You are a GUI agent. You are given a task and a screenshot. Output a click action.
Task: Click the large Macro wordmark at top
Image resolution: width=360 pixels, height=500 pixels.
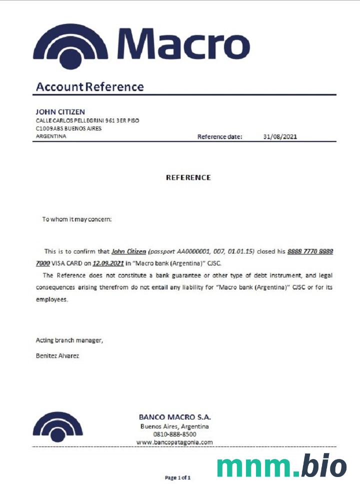pyautogui.click(x=183, y=43)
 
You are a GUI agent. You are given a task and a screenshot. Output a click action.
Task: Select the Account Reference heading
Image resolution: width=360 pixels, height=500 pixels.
pyautogui.click(x=90, y=87)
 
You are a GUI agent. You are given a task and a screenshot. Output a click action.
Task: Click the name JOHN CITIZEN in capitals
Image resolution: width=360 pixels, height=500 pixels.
pyautogui.click(x=60, y=111)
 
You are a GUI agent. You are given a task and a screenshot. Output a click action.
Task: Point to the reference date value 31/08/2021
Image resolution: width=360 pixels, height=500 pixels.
pyautogui.click(x=280, y=136)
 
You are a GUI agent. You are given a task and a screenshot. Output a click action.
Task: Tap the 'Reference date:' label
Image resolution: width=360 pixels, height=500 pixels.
pyautogui.click(x=219, y=136)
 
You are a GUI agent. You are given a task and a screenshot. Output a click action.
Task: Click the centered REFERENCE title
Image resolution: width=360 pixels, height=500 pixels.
pyautogui.click(x=188, y=177)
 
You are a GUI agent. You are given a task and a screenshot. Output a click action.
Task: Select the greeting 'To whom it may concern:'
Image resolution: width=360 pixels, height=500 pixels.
pyautogui.click(x=77, y=219)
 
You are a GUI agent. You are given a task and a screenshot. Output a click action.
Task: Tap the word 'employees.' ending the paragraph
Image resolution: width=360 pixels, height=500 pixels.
pyautogui.click(x=51, y=299)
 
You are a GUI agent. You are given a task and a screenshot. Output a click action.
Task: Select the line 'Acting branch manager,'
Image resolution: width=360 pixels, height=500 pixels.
pyautogui.click(x=69, y=340)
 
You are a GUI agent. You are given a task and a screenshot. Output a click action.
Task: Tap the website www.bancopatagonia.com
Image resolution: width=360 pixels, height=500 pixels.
pyautogui.click(x=174, y=442)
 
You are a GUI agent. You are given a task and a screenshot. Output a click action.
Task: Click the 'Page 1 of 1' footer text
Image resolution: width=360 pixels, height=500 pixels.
pyautogui.click(x=178, y=477)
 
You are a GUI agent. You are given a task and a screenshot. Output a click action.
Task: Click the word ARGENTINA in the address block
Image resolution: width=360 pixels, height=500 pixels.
pyautogui.click(x=51, y=136)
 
